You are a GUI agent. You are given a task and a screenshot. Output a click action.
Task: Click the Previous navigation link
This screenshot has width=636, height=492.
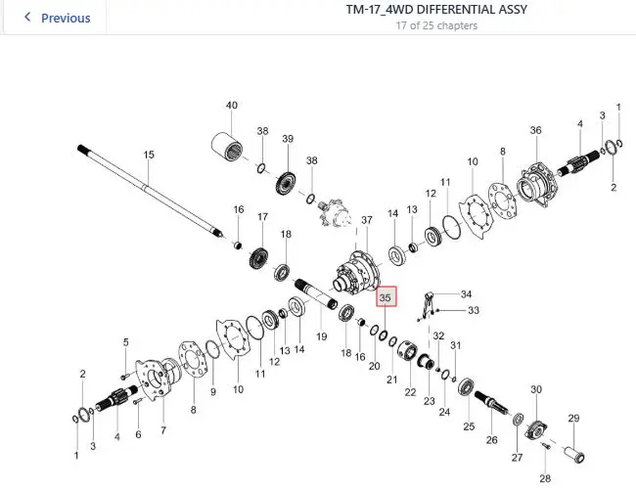click(x=58, y=18)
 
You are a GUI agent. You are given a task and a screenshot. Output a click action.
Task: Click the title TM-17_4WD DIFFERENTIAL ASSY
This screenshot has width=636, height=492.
click(x=436, y=10)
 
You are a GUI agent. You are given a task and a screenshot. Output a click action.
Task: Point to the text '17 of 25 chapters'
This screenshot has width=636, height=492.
click(x=436, y=25)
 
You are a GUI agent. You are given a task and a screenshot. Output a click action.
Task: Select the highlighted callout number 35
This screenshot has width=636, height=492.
click(x=386, y=297)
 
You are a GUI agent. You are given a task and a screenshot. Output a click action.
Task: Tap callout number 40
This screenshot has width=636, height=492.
click(x=232, y=105)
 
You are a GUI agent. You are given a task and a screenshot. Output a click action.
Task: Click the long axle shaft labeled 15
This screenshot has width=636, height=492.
click(x=150, y=192)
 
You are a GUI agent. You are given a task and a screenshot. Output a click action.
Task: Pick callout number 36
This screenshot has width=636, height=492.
click(x=536, y=130)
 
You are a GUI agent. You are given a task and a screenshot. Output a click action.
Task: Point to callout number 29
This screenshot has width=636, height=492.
click(x=573, y=418)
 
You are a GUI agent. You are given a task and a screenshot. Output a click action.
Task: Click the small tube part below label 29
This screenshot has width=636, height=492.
click(x=574, y=454)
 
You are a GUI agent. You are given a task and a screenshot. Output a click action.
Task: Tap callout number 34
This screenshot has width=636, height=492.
click(x=467, y=294)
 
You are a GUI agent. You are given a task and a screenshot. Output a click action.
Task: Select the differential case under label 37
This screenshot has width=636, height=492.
click(x=357, y=274)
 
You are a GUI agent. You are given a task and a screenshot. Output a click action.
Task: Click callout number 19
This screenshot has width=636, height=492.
click(x=322, y=336)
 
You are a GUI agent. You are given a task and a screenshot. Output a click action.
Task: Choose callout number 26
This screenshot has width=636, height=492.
click(x=491, y=440)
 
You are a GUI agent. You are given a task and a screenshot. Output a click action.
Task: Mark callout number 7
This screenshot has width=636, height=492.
click(x=163, y=430)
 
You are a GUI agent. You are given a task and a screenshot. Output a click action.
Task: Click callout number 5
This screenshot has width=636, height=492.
click(x=126, y=342)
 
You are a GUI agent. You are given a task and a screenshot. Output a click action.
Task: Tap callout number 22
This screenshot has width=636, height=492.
click(x=411, y=392)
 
